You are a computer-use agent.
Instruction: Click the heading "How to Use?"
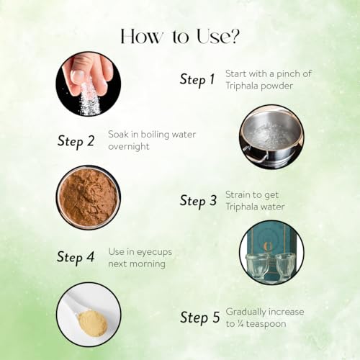(180, 37)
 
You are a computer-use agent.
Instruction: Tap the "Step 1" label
(197, 79)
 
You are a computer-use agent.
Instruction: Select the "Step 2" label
(76, 141)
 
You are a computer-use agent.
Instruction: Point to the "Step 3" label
(198, 201)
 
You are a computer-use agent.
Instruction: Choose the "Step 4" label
(76, 257)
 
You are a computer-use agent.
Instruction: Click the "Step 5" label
(200, 318)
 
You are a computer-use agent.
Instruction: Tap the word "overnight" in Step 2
(129, 146)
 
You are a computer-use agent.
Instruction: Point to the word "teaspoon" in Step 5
(266, 324)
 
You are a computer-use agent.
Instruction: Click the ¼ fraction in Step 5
(240, 324)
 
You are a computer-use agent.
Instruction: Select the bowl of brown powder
(89, 197)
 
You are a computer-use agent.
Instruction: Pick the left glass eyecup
(257, 265)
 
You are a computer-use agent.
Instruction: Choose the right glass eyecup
(287, 265)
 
